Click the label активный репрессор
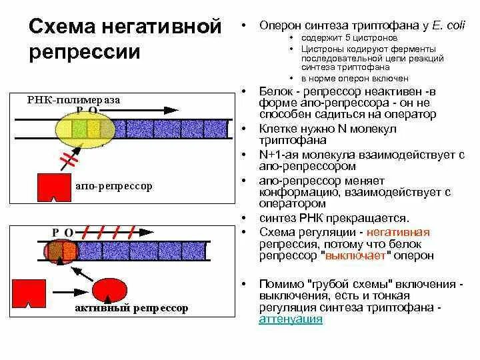pos(131,308)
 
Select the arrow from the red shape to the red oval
pos(66,291)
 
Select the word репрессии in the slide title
pos(85,52)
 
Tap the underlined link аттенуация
pos(291,319)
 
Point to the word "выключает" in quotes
pos(353,255)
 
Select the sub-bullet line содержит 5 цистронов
pos(340,39)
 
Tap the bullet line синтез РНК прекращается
pos(333,218)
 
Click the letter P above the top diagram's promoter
pos(79,110)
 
